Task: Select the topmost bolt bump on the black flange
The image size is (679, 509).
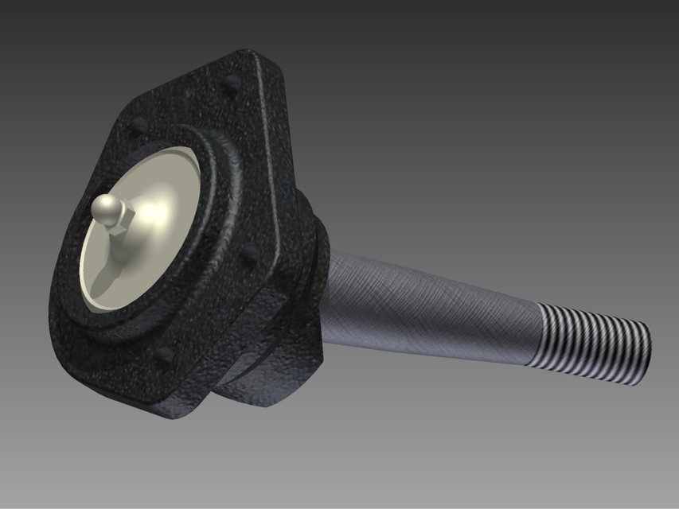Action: click(x=232, y=81)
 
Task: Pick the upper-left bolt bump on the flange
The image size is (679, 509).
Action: click(x=139, y=125)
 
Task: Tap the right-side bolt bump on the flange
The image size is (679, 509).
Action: click(x=250, y=254)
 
